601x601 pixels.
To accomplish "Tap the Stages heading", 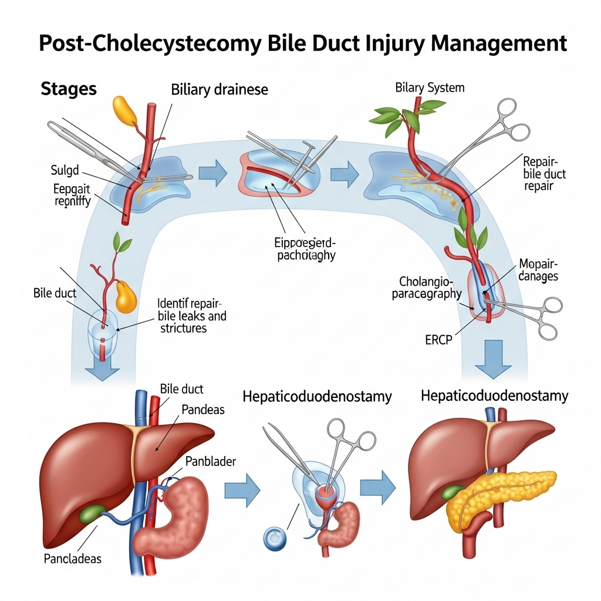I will (69, 89).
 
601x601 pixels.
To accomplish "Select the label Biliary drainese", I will (220, 90).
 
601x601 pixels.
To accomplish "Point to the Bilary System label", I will (430, 87).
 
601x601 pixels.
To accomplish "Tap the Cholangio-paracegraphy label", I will (427, 288).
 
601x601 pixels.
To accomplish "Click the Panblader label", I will (210, 461).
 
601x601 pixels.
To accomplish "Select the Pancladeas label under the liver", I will (73, 558).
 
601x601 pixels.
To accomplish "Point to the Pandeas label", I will (203, 410).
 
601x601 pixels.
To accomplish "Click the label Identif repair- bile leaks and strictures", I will (192, 316).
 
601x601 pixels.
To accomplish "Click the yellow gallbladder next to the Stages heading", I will (124, 111).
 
